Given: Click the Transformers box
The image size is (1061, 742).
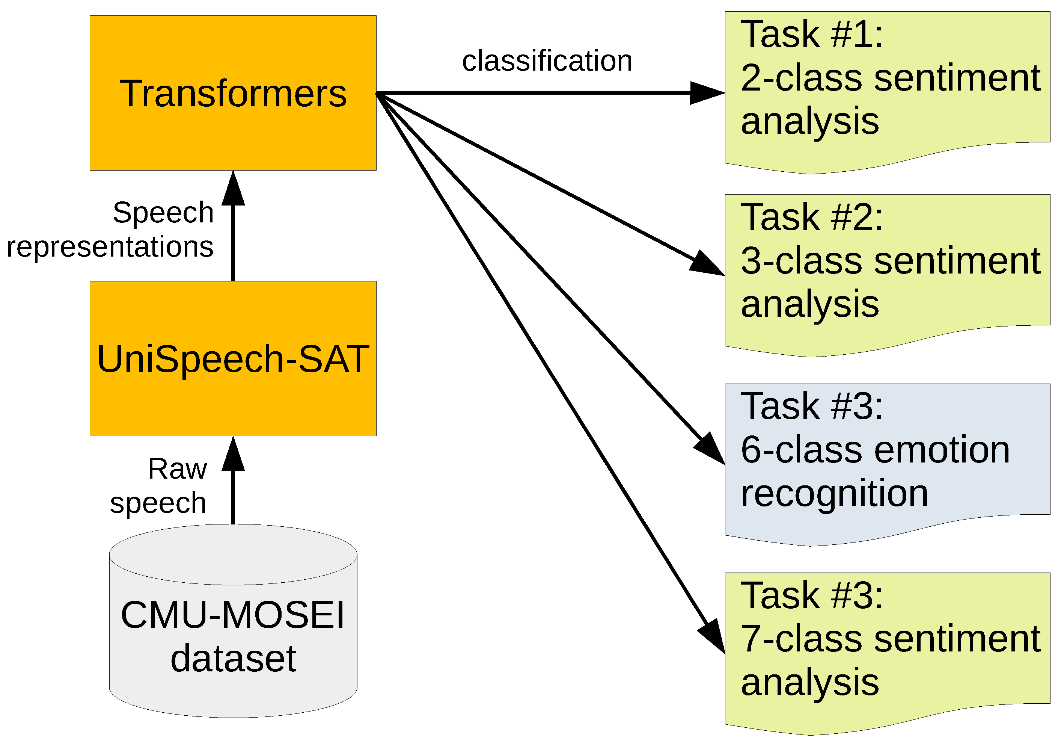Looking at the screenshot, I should coord(233,93).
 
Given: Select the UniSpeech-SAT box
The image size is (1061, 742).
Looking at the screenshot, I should coord(233,358).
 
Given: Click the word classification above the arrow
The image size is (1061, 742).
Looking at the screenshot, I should coord(547,60).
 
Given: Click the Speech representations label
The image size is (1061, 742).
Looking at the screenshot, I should coord(111,230).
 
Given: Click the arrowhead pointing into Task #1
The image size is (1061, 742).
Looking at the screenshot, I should coord(707,93).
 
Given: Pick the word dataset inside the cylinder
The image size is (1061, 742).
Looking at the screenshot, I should coord(233,659).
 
